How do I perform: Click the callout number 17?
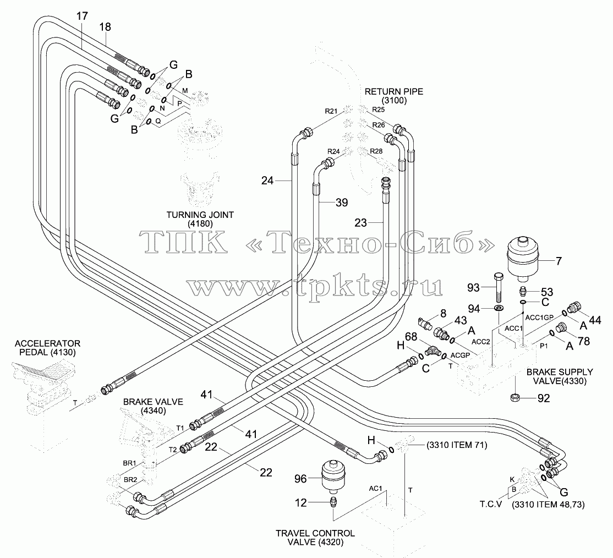[x=82, y=16]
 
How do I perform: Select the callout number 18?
[x=105, y=26]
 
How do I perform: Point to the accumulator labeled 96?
[x=332, y=477]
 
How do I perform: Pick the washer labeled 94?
[x=499, y=309]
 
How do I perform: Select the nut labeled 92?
[x=515, y=398]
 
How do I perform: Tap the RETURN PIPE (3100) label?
[x=393, y=96]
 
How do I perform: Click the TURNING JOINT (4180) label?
[x=200, y=219]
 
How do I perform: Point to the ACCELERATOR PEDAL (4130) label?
[x=47, y=348]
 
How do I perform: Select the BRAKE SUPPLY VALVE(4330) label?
[x=560, y=376]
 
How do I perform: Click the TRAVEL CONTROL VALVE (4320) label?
[x=315, y=537]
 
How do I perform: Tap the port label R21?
[x=331, y=111]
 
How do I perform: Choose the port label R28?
[x=376, y=151]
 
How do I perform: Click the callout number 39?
[x=342, y=203]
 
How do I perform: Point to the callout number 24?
[x=267, y=180]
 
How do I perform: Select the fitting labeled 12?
[x=333, y=501]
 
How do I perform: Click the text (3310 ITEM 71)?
[x=457, y=445]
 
